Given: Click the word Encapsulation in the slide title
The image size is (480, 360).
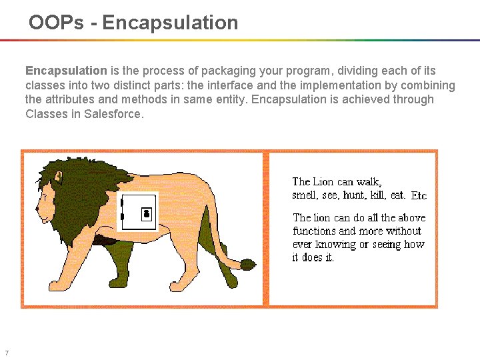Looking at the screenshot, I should click(170, 23).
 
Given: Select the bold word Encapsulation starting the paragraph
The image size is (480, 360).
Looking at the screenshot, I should click(66, 71).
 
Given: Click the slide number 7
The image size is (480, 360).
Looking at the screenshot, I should click(6, 353).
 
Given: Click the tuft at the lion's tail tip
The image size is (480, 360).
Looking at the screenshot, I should click(248, 265).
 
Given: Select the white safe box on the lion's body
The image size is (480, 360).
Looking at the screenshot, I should click(138, 212).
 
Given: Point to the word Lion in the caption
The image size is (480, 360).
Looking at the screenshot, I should click(324, 181).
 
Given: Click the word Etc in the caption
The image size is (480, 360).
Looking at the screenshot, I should click(419, 196).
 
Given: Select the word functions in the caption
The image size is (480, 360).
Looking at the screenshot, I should click(315, 231).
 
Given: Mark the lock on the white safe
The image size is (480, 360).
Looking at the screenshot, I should click(147, 213).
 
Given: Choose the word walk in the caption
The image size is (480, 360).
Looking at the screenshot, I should click(369, 181).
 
